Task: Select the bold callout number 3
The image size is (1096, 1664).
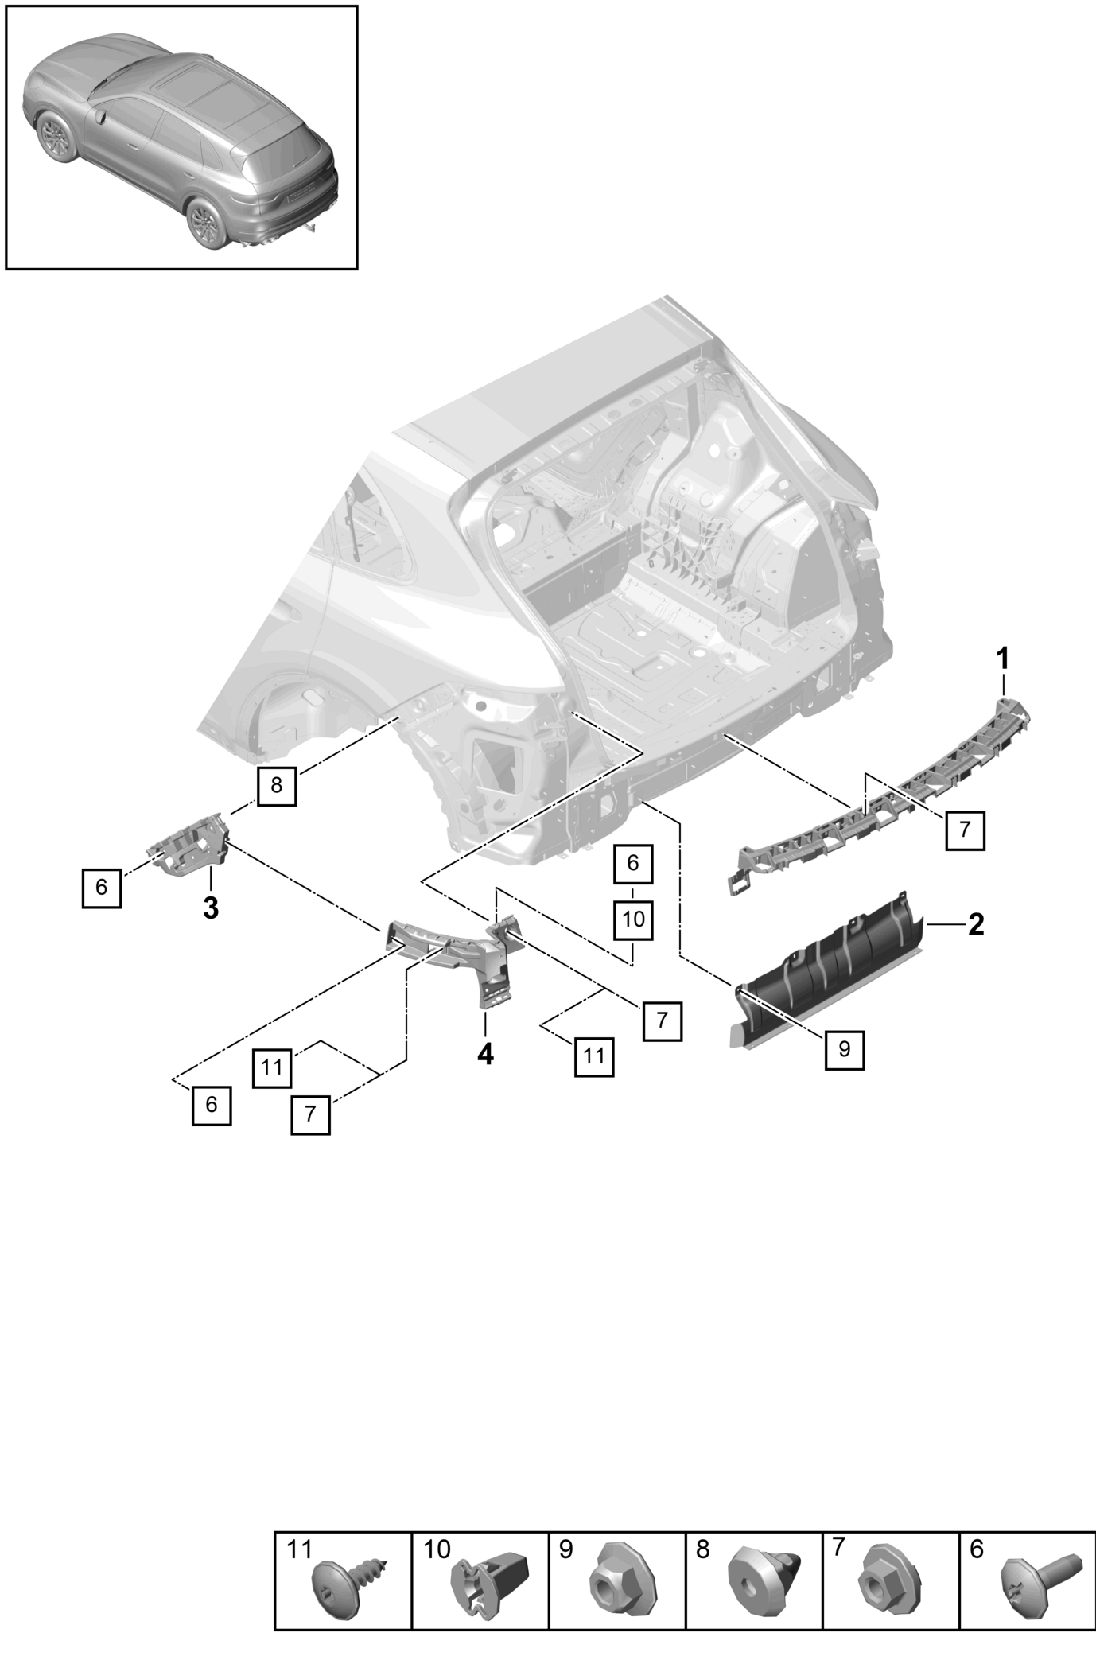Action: [x=210, y=908]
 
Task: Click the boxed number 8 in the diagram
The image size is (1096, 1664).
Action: [x=276, y=786]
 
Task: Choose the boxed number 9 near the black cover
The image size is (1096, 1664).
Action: [x=844, y=1049]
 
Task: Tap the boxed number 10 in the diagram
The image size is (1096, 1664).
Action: [x=633, y=920]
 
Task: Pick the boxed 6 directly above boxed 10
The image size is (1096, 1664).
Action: [x=633, y=863]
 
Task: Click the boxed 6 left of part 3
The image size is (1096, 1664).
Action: [x=101, y=888]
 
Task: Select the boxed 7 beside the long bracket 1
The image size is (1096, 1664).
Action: [x=965, y=830]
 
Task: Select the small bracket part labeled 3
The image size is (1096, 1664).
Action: [x=191, y=849]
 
